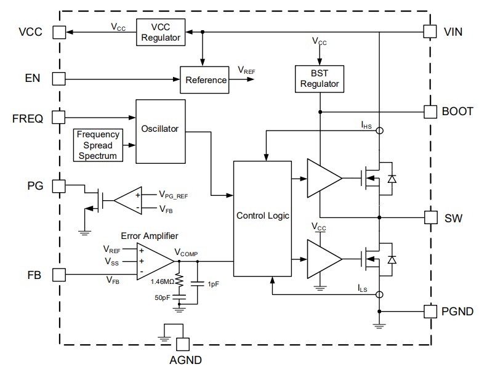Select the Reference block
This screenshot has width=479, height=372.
tap(206, 80)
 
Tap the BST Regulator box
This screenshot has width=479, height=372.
tap(318, 78)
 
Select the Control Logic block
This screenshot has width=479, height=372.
tap(262, 217)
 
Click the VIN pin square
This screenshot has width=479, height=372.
tap(430, 31)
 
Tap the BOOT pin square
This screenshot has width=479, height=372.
tap(430, 111)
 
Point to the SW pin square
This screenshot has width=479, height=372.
tap(430, 217)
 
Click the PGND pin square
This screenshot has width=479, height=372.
tap(430, 311)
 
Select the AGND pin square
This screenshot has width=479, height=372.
tap(182, 344)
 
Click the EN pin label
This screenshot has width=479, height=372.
tap(33, 79)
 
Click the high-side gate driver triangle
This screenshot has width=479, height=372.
tap(323, 179)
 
